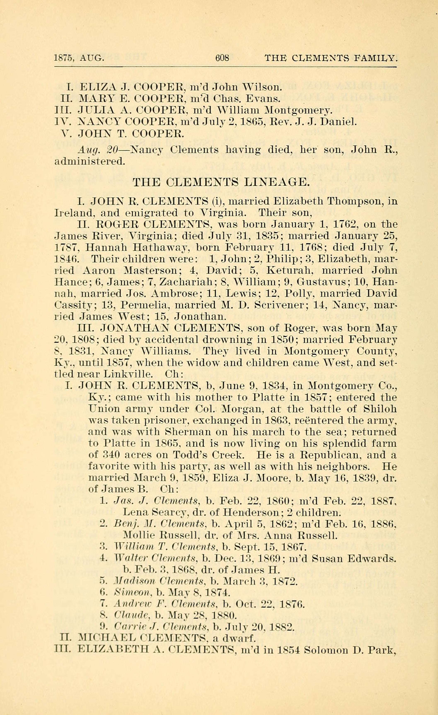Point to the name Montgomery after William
pos(298,110)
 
